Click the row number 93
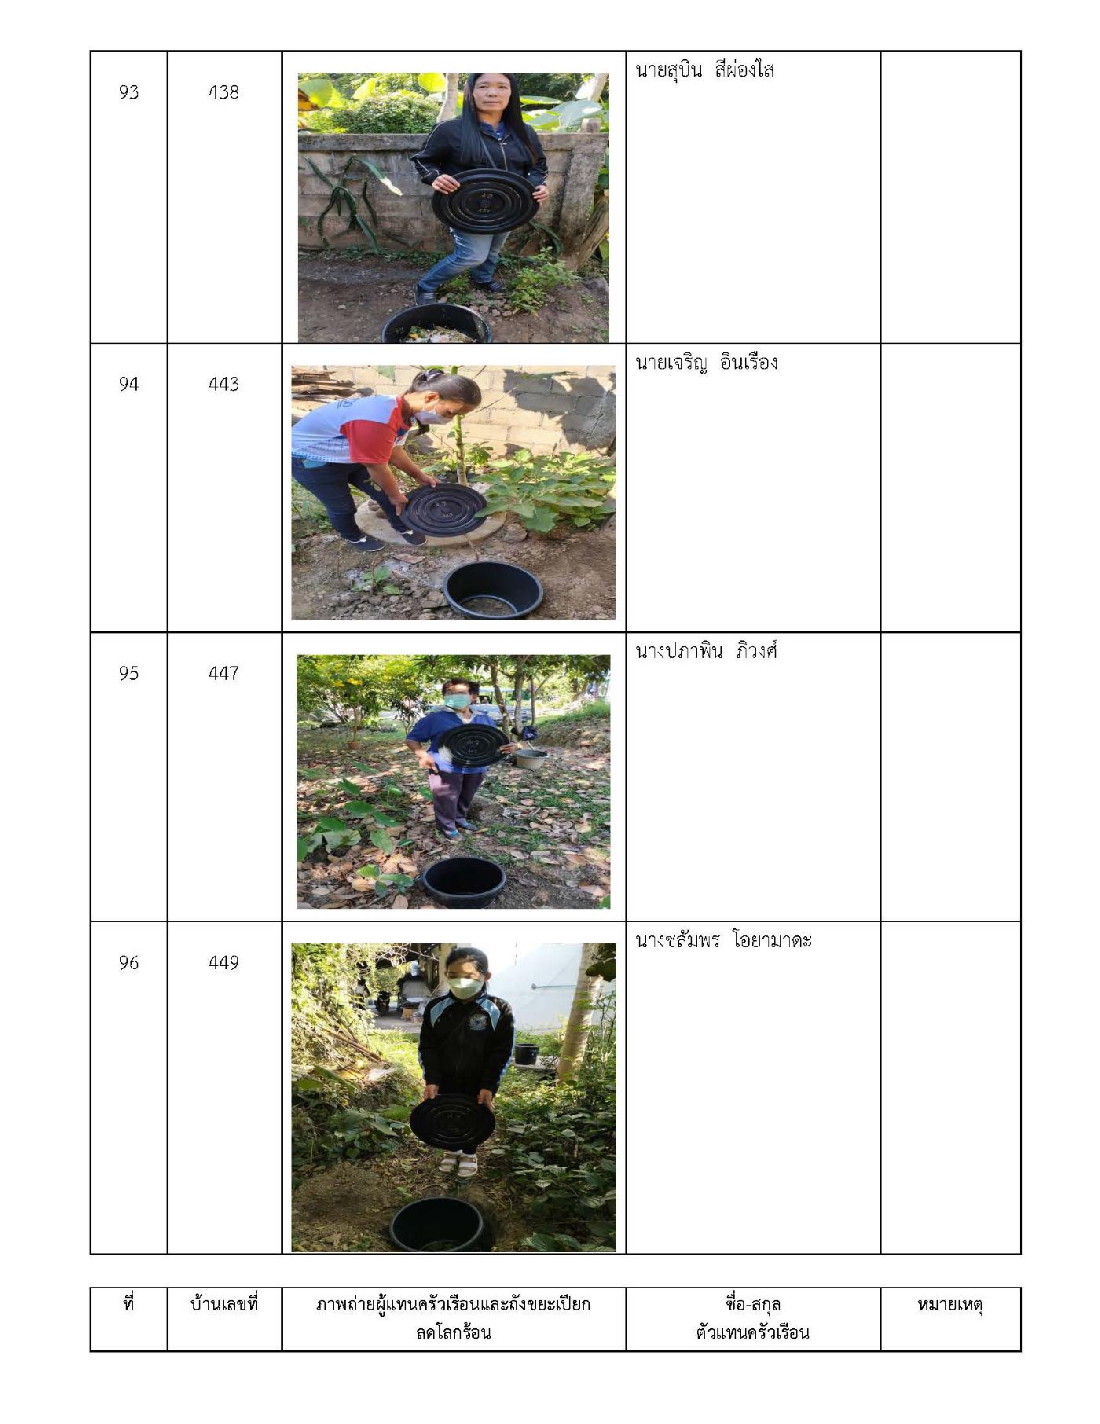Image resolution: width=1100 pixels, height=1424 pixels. (129, 93)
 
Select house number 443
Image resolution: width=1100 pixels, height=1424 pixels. (224, 384)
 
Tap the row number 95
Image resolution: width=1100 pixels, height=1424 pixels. (129, 673)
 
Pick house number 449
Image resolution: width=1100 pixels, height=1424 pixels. (224, 963)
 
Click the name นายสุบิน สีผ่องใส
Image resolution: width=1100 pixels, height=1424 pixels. (705, 71)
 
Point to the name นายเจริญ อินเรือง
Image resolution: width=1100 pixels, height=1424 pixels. (706, 362)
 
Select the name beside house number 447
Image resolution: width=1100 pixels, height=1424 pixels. (706, 651)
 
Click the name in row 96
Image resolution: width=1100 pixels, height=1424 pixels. (724, 941)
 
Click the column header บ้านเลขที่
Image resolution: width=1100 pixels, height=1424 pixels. (224, 1305)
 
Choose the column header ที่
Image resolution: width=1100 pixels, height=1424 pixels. (129, 1304)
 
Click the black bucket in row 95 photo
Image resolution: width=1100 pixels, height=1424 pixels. (464, 883)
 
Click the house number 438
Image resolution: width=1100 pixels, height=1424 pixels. (224, 93)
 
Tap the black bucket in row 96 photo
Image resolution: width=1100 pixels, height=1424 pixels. (438, 1224)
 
